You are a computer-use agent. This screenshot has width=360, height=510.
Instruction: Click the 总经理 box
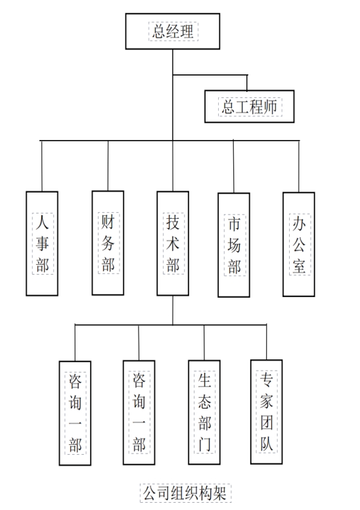pyautogui.click(x=173, y=32)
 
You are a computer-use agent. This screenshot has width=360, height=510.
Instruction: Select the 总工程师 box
pyautogui.click(x=250, y=106)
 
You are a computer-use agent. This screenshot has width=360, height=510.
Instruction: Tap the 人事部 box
pyautogui.click(x=42, y=244)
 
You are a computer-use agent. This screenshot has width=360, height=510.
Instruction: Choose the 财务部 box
pyautogui.click(x=108, y=243)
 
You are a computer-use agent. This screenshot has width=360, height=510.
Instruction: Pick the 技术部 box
pyautogui.click(x=173, y=243)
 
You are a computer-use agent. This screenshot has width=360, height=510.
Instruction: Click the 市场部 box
pyautogui.click(x=234, y=245)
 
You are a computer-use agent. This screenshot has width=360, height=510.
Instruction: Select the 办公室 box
pyautogui.click(x=299, y=244)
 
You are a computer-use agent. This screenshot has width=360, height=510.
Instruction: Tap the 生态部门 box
pyautogui.click(x=204, y=412)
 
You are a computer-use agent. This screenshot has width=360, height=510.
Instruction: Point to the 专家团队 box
pyautogui.click(x=266, y=412)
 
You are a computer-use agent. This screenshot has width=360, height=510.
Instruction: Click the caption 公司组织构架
pyautogui.click(x=185, y=493)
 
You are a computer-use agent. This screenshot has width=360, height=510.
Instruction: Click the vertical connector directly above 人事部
pyautogui.click(x=42, y=166)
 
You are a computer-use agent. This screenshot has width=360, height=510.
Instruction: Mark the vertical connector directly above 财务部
pyautogui.click(x=108, y=166)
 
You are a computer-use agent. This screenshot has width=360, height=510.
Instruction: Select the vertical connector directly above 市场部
pyautogui.click(x=233, y=167)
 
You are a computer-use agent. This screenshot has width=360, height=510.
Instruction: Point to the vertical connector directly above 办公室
pyautogui.click(x=299, y=166)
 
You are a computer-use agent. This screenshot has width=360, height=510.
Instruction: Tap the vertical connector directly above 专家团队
pyautogui.click(x=266, y=342)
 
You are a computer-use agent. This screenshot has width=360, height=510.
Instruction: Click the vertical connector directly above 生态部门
pyautogui.click(x=204, y=342)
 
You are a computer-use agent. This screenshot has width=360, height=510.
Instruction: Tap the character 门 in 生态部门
pyautogui.click(x=204, y=444)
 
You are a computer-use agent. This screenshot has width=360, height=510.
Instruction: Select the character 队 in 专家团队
pyautogui.click(x=267, y=442)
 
